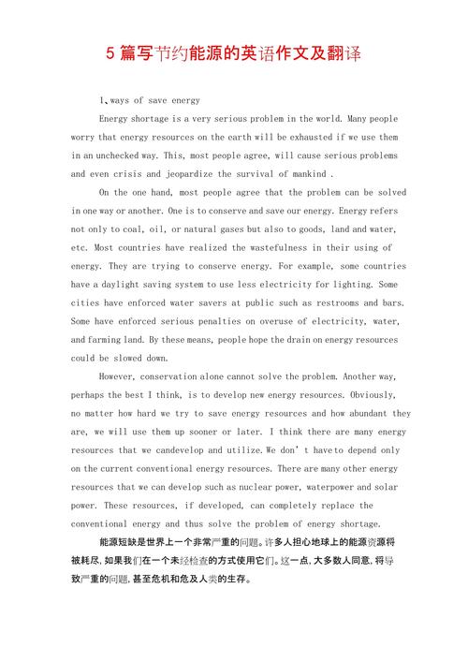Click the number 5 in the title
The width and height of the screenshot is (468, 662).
(111, 55)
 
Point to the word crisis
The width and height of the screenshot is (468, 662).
(128, 174)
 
